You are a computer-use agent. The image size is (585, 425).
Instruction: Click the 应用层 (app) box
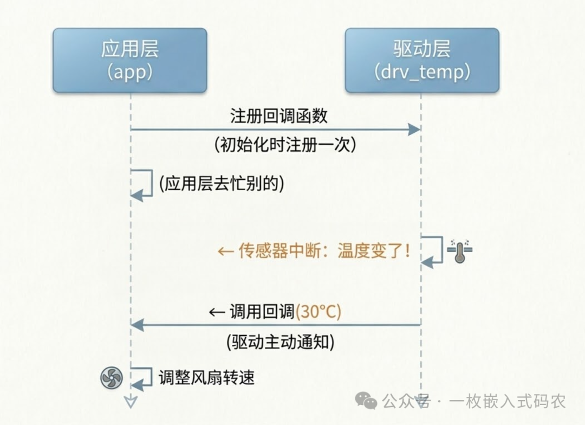pyautogui.click(x=130, y=60)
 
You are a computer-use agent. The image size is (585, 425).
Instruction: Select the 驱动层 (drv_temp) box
pyautogui.click(x=422, y=60)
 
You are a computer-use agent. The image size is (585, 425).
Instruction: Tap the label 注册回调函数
pyautogui.click(x=279, y=116)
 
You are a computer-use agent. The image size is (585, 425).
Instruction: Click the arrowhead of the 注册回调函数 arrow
pyautogui.click(x=414, y=130)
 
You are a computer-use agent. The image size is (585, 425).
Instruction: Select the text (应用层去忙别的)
pyautogui.click(x=222, y=184)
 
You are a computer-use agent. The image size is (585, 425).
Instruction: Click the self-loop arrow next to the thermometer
pyautogui.click(x=433, y=251)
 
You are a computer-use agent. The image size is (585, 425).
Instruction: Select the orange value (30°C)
pyautogui.click(x=318, y=312)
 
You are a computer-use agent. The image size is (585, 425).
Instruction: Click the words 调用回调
pyautogui.click(x=262, y=312)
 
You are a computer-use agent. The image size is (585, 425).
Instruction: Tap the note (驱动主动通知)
pyautogui.click(x=279, y=342)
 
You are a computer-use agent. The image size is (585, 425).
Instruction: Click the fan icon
pyautogui.click(x=112, y=377)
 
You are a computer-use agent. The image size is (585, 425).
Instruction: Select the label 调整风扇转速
pyautogui.click(x=206, y=377)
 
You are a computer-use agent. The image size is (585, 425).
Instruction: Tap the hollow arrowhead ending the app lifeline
pyautogui.click(x=131, y=402)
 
